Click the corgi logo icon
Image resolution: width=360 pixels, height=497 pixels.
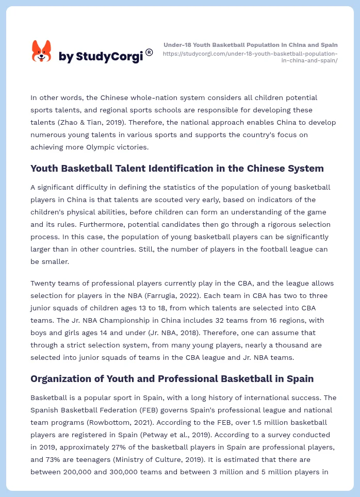point(42,52)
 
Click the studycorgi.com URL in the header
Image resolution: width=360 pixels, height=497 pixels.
point(251,57)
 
